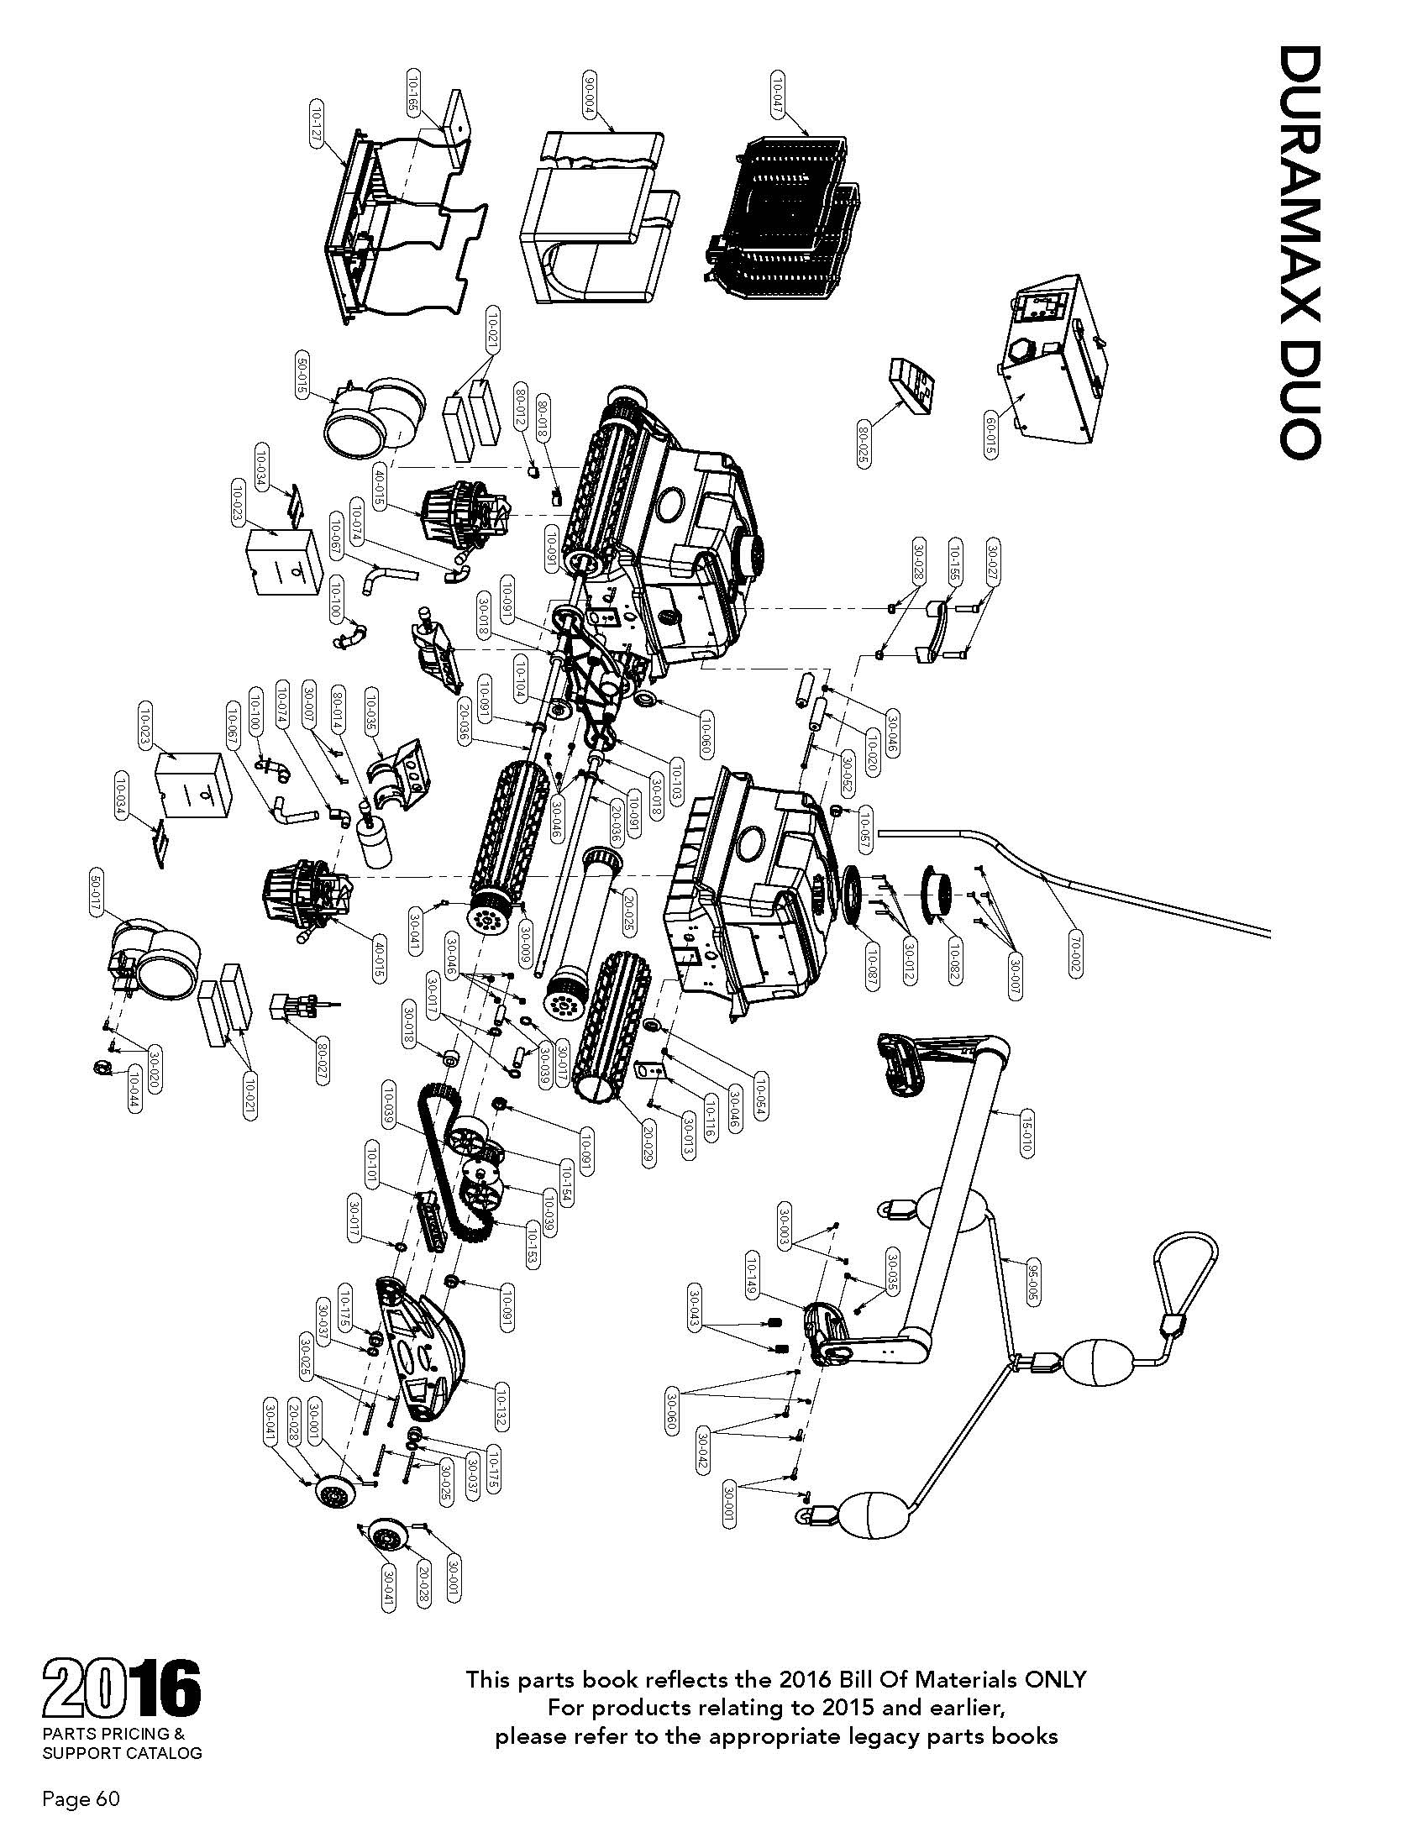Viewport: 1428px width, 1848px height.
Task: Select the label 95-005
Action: pos(1032,1285)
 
